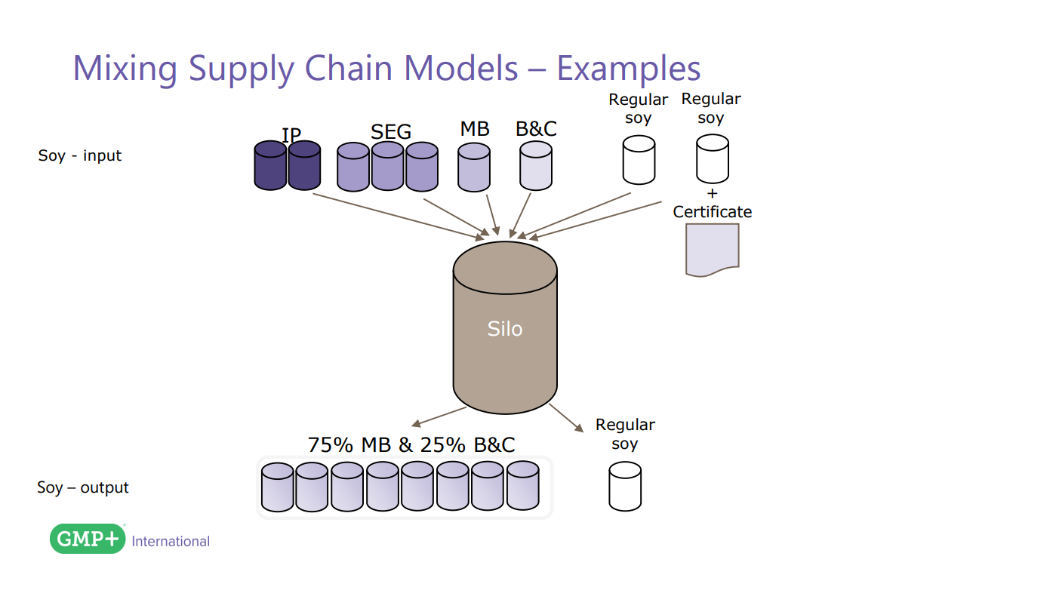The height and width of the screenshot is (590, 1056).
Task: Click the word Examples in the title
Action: click(628, 68)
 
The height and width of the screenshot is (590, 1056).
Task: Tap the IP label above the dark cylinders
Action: click(291, 135)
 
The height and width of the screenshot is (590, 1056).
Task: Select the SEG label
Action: click(391, 132)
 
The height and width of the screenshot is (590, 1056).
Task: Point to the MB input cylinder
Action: click(474, 167)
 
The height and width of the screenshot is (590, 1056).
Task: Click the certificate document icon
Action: click(712, 250)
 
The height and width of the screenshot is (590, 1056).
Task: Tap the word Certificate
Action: click(713, 212)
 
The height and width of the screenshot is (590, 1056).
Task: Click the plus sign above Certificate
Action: click(713, 194)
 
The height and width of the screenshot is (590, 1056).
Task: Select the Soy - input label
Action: click(80, 156)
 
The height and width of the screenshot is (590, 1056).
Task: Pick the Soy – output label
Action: click(83, 488)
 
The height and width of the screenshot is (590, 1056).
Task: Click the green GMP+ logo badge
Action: click(88, 539)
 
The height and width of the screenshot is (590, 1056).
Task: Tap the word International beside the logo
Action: click(171, 541)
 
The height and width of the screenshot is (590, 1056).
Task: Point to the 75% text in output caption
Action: click(331, 445)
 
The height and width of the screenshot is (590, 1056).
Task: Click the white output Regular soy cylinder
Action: click(625, 487)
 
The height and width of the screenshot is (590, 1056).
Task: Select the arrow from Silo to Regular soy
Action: click(566, 418)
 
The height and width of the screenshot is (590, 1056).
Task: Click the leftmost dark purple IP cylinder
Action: click(270, 165)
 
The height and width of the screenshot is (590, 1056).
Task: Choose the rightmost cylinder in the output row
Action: click(522, 486)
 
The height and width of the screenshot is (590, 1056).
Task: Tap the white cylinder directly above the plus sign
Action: click(713, 158)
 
